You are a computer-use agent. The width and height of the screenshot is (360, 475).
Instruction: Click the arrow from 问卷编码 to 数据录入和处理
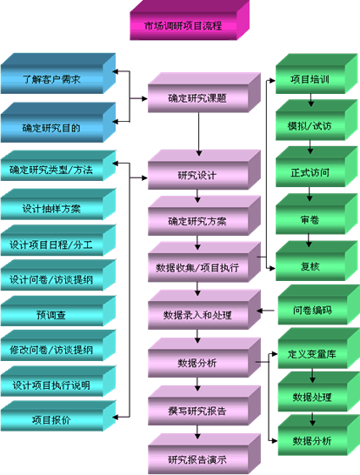(x=265, y=311)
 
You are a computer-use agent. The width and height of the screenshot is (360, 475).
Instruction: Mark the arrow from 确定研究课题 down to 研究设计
(x=198, y=134)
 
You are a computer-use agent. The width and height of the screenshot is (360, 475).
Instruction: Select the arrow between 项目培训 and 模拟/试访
(x=310, y=100)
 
